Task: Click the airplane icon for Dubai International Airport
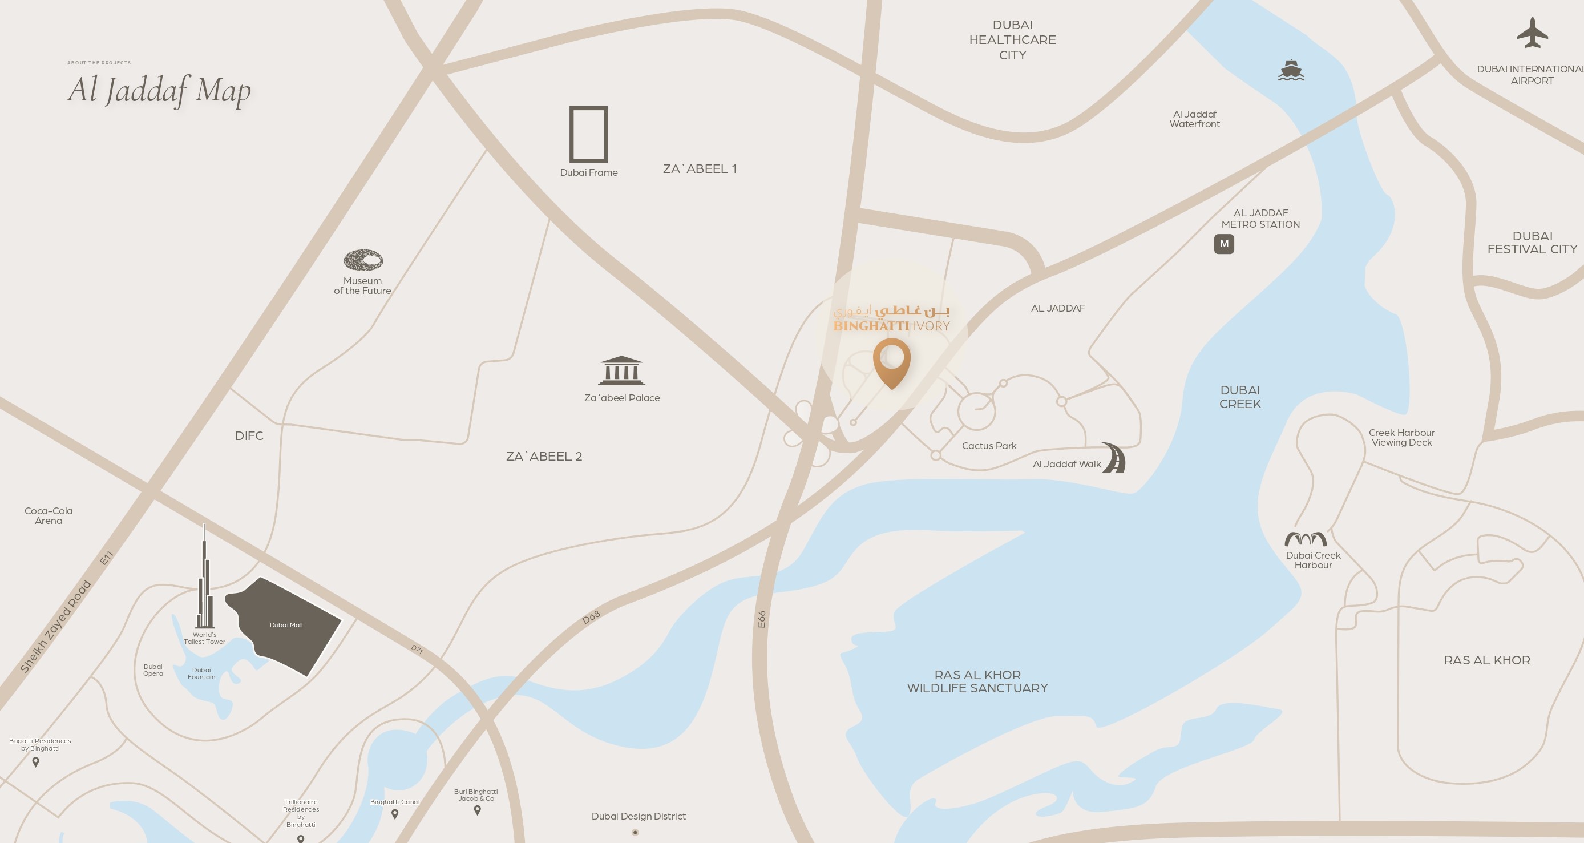point(1532,33)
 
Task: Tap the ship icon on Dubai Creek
point(1291,71)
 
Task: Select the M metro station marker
point(1224,244)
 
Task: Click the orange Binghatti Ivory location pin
point(892,361)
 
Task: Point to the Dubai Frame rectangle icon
point(588,134)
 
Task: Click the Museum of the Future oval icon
point(363,260)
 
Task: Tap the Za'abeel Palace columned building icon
point(621,370)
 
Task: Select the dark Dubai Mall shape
point(286,624)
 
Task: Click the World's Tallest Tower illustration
point(205,578)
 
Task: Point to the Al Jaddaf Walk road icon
point(1114,458)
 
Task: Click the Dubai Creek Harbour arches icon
point(1305,539)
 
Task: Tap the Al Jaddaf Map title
point(159,90)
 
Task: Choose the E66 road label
point(761,619)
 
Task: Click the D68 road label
point(591,618)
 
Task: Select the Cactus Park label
point(989,446)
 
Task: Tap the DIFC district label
point(249,436)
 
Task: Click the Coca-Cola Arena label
point(49,515)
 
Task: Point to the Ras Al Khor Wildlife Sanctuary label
point(977,681)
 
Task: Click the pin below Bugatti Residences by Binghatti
point(36,763)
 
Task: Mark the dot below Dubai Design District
point(635,833)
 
